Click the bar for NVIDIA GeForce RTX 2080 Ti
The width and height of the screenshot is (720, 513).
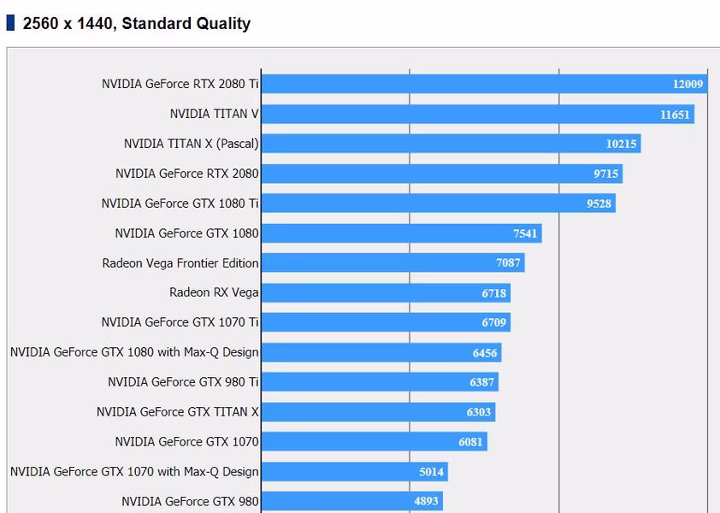click(x=485, y=84)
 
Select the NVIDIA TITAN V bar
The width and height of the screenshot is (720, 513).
click(x=478, y=114)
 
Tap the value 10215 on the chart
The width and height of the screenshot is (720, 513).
click(x=621, y=144)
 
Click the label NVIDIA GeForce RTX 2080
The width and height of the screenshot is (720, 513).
click(x=187, y=174)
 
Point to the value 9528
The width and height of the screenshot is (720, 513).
click(x=599, y=203)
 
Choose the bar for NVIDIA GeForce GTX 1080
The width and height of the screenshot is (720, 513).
click(x=402, y=233)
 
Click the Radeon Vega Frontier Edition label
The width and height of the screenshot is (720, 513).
click(x=180, y=263)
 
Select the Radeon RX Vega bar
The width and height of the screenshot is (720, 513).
click(x=387, y=293)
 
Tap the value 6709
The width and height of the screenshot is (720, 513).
click(x=493, y=322)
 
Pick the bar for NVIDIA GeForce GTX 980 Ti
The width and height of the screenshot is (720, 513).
click(x=380, y=382)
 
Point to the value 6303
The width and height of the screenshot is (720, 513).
click(x=479, y=412)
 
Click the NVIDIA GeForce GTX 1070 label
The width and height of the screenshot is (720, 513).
click(x=187, y=442)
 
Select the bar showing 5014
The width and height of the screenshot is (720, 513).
click(x=355, y=472)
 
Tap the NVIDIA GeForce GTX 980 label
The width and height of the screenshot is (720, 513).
click(x=190, y=502)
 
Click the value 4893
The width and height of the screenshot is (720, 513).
click(x=426, y=501)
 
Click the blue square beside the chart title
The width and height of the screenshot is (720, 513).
click(x=10, y=23)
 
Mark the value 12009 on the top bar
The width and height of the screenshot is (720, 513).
click(x=688, y=84)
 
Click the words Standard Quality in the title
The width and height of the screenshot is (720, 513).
click(x=186, y=23)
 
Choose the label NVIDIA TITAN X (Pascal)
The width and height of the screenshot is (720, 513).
click(x=192, y=144)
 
